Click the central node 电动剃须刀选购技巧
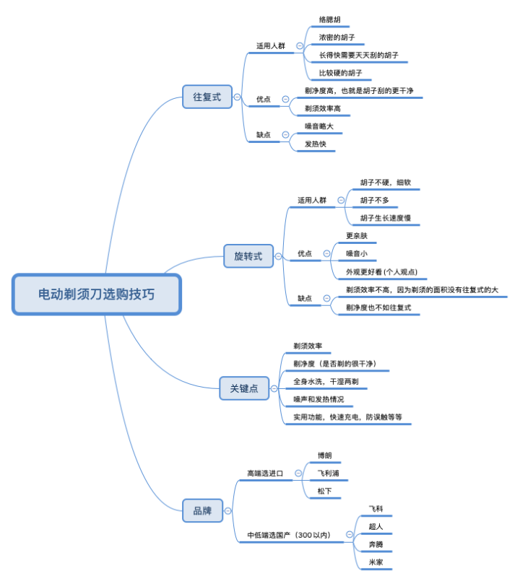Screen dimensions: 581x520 [96, 294]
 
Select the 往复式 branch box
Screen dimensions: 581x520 [207, 97]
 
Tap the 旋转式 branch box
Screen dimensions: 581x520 [248, 256]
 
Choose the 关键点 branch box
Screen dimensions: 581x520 [244, 388]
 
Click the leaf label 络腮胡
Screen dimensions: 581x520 [331, 19]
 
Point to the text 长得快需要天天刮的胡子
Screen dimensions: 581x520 [359, 55]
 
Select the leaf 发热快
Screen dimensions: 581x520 [316, 144]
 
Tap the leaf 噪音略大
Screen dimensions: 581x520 [318, 126]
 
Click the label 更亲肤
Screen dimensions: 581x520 [357, 236]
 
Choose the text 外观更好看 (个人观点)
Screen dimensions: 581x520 [381, 272]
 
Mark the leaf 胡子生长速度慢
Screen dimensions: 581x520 [385, 218]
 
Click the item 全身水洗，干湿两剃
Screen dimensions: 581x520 [326, 381]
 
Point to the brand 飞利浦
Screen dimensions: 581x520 [328, 474]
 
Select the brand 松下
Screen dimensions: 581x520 [324, 492]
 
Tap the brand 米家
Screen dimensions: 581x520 [376, 562]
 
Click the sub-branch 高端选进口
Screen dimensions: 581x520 [264, 474]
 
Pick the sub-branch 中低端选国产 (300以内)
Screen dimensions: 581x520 [288, 536]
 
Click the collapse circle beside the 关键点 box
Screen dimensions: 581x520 [274, 389]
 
